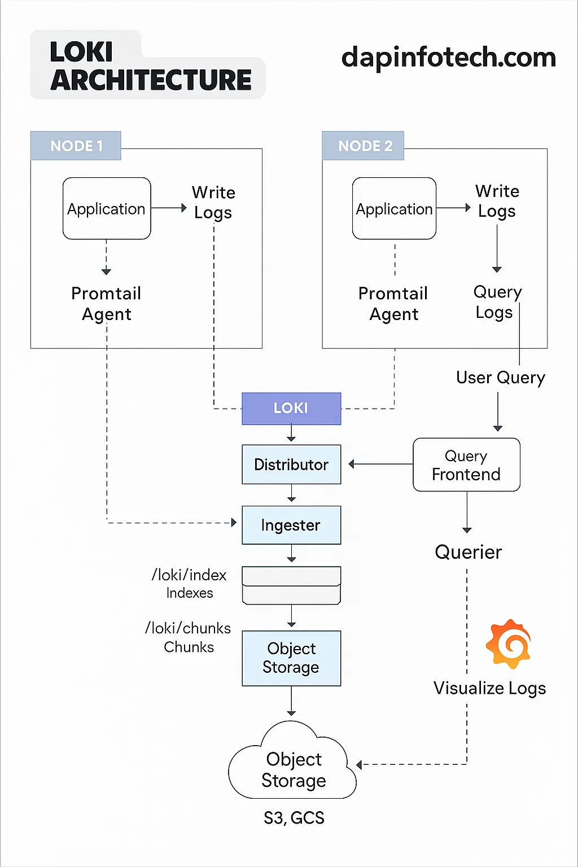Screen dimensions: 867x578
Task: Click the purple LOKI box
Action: coord(291,408)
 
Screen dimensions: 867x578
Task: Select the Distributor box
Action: coord(291,465)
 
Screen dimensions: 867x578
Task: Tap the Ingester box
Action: coord(291,525)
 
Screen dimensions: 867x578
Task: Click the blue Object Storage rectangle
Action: coord(291,658)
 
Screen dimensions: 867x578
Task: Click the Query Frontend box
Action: coord(466,465)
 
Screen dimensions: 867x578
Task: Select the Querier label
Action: coord(468,552)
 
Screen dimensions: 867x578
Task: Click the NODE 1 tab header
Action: coord(76,146)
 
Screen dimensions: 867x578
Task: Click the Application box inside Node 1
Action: coord(107,208)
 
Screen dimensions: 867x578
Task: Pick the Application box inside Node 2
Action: coord(394,208)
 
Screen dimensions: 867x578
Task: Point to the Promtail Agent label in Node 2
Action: coord(393,304)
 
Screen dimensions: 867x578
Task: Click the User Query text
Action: coord(500,378)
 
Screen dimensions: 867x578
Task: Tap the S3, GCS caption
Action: coord(294,818)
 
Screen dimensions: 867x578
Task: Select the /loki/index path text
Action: coord(189,575)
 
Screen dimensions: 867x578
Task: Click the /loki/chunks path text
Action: coord(188,628)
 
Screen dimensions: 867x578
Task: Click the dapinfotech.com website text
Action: coord(449,58)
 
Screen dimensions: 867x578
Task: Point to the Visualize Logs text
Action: coord(489,688)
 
